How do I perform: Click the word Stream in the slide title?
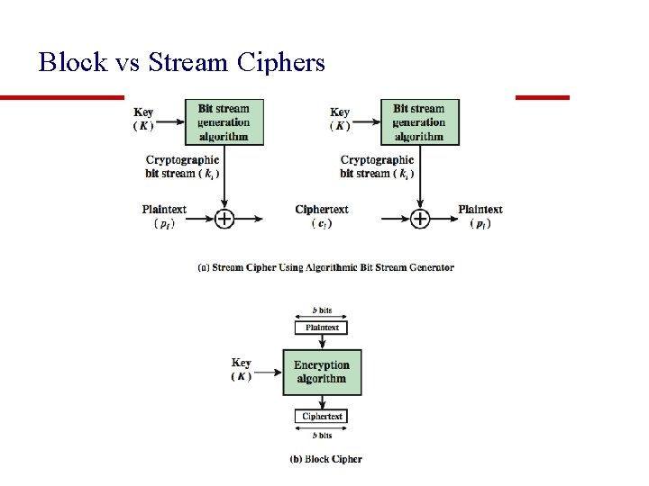pos(187,62)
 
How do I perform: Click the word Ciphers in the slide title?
pos(280,62)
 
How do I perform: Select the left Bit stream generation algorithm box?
pos(224,122)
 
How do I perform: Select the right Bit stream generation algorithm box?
pos(420,122)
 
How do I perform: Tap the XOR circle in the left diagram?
pos(224,219)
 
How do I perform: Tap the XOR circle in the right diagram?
pos(420,219)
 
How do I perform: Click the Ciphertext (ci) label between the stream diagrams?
pos(322,216)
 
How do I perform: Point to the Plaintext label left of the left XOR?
pos(164,216)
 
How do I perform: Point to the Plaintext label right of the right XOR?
pos(480,216)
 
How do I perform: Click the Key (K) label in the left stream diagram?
pos(143,119)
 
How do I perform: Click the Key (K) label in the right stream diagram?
pos(340,119)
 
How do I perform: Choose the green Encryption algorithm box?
pos(322,373)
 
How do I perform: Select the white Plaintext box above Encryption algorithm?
pos(321,328)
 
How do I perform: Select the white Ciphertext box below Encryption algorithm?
pos(321,416)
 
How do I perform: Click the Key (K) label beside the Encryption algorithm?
pos(242,370)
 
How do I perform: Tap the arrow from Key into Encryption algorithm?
pos(269,373)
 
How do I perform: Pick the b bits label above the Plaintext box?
pos(322,310)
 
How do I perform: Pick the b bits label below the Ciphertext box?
pos(322,436)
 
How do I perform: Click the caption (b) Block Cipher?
pos(325,459)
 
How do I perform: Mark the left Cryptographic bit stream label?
pos(182,166)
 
